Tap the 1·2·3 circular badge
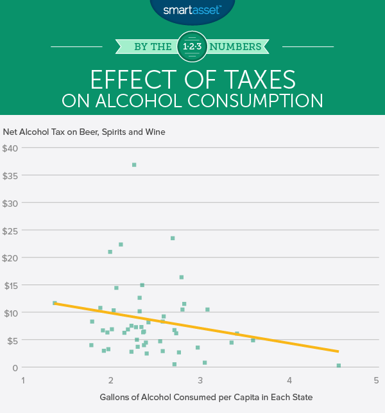(193, 46)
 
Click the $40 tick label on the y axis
(10, 148)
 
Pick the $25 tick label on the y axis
(10, 230)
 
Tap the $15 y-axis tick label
(10, 285)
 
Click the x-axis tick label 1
(23, 380)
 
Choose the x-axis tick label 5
(375, 380)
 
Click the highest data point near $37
(134, 165)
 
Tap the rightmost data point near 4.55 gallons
(339, 365)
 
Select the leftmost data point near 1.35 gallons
(55, 303)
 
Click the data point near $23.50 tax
(173, 238)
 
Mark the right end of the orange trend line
(338, 351)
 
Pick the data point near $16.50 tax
(182, 277)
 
